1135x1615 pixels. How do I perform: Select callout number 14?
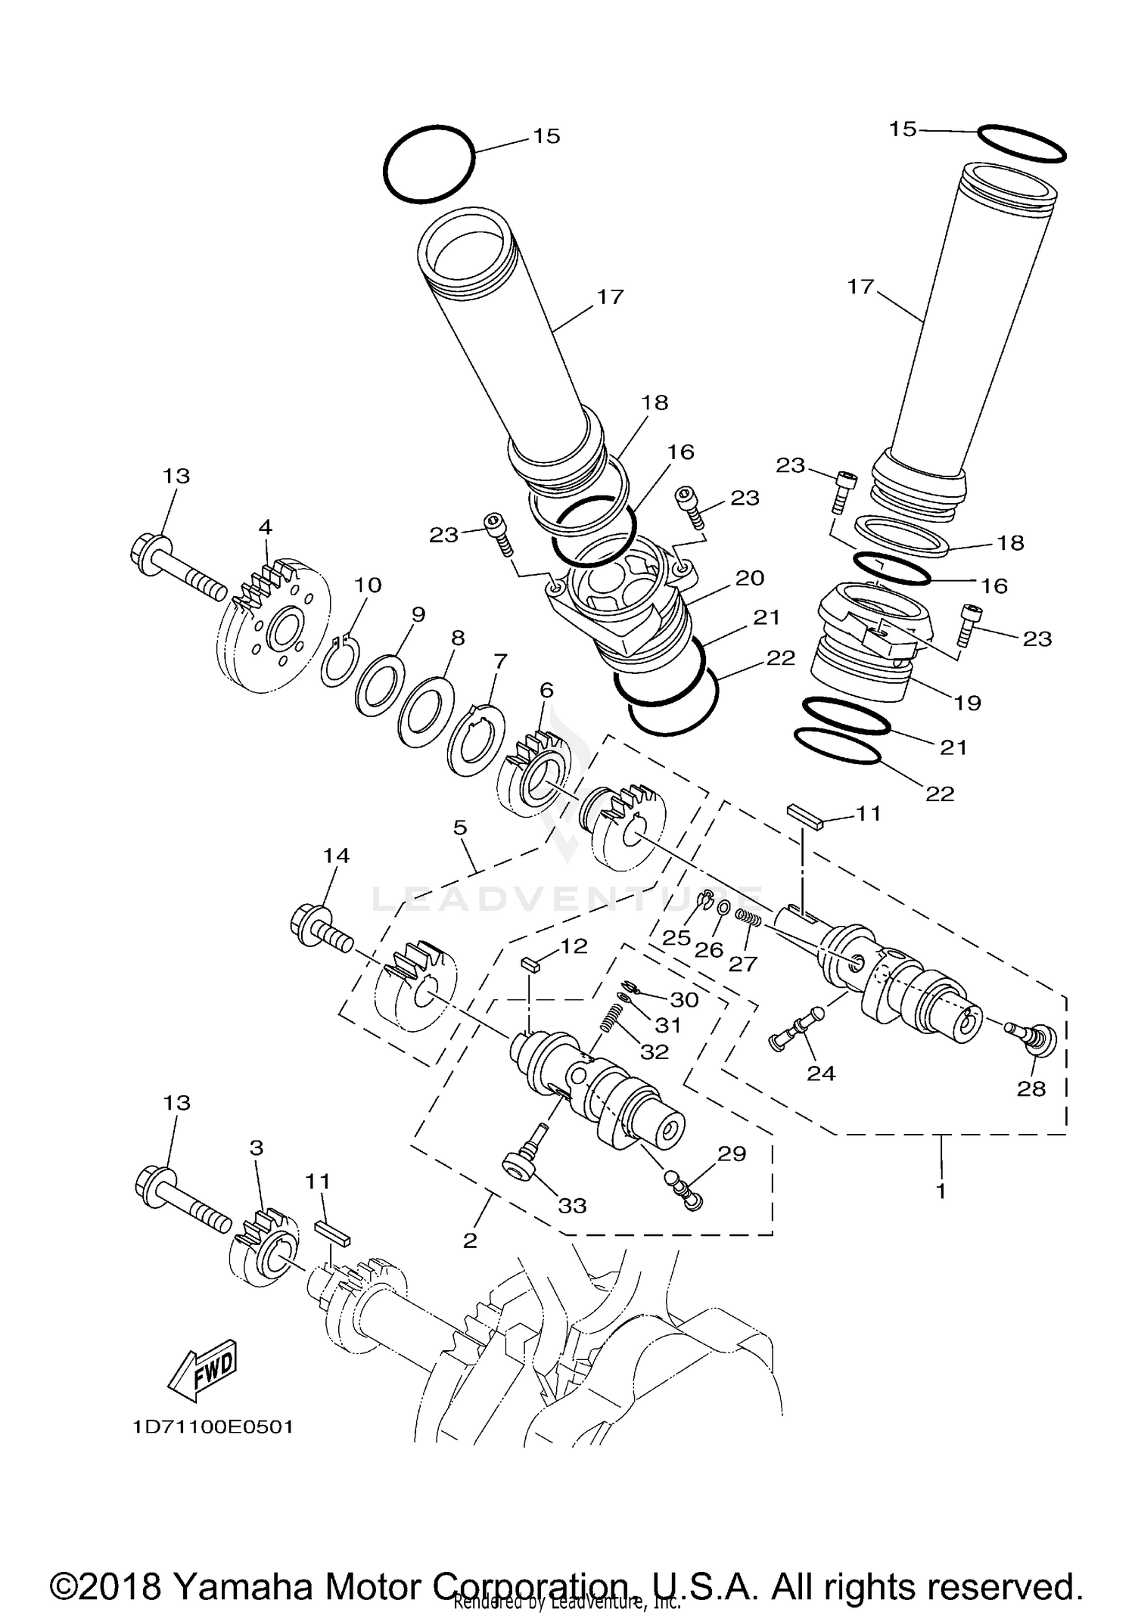[336, 856]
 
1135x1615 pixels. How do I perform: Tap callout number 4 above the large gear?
[265, 526]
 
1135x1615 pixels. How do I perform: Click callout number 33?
[572, 1206]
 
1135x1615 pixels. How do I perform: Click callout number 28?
[1031, 1089]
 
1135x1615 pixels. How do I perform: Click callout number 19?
[967, 703]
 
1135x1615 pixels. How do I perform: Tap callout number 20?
[750, 578]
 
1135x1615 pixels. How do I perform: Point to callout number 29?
[732, 1154]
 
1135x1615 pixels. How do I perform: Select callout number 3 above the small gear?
[256, 1148]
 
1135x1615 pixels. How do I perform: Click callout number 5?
[460, 828]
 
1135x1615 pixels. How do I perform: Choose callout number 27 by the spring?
[743, 964]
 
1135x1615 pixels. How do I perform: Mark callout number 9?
[418, 613]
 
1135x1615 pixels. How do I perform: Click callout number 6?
[546, 690]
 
